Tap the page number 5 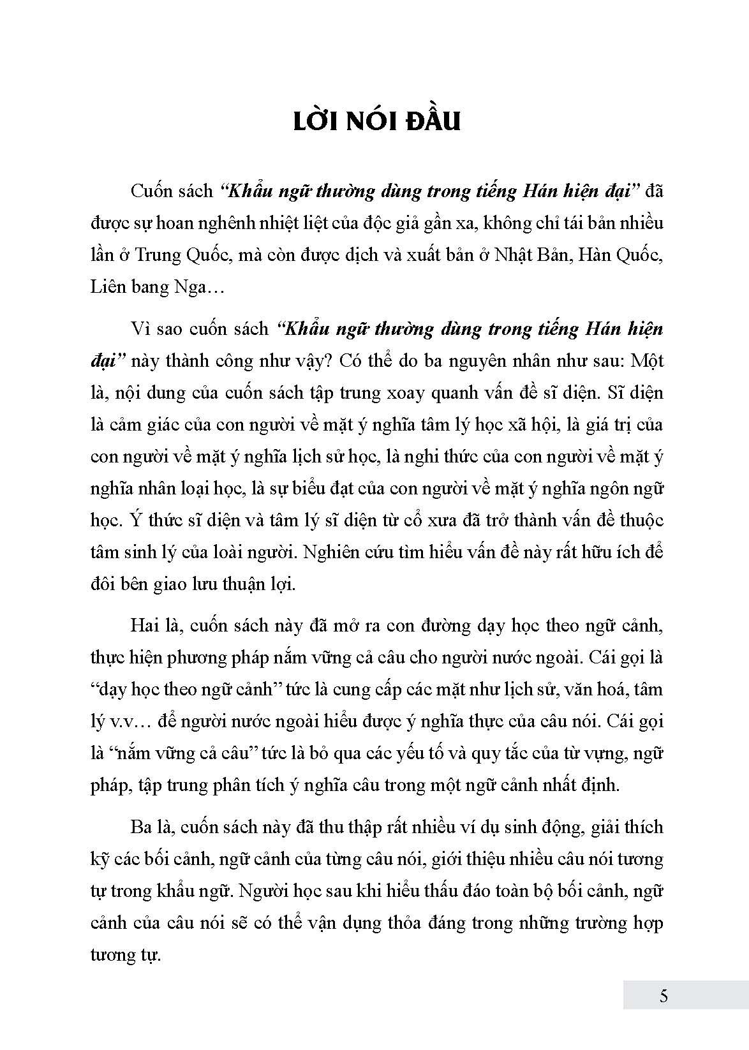click(x=664, y=996)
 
